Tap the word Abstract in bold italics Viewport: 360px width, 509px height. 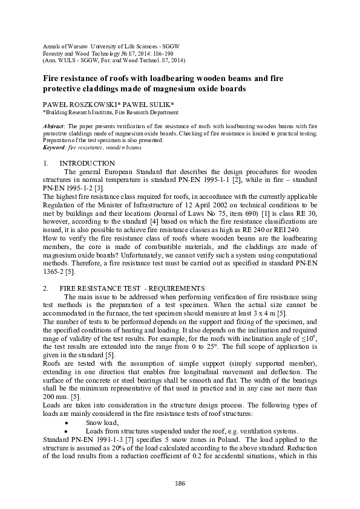[55, 125]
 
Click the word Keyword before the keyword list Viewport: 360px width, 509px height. [56, 147]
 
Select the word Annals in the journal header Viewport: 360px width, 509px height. [52, 46]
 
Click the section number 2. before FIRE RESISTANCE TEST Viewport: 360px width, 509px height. [45, 288]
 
